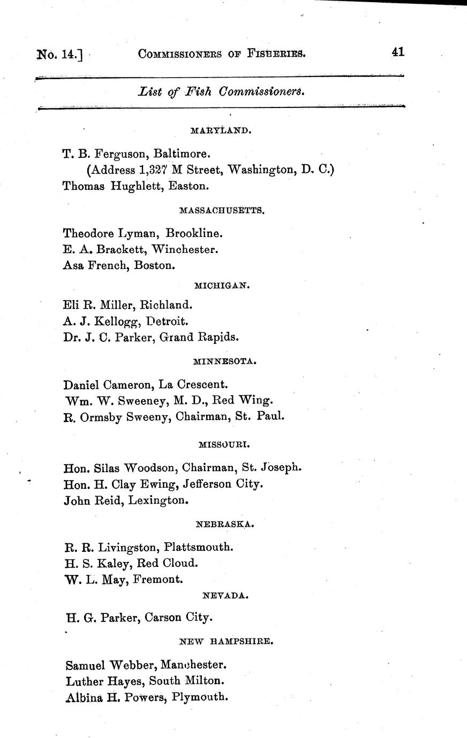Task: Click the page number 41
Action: coord(397,52)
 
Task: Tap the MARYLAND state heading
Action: coord(220,130)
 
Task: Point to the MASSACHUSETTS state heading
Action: coord(222,211)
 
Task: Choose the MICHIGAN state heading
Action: coord(222,286)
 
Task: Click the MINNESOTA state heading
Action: coord(224,362)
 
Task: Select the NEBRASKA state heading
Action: coord(225,525)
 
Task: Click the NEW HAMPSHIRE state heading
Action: coord(227,641)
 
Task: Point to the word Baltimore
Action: coord(181,154)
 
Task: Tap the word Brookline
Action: coord(194,233)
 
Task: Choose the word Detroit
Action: coord(169,321)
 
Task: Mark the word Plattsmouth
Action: coord(199,547)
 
